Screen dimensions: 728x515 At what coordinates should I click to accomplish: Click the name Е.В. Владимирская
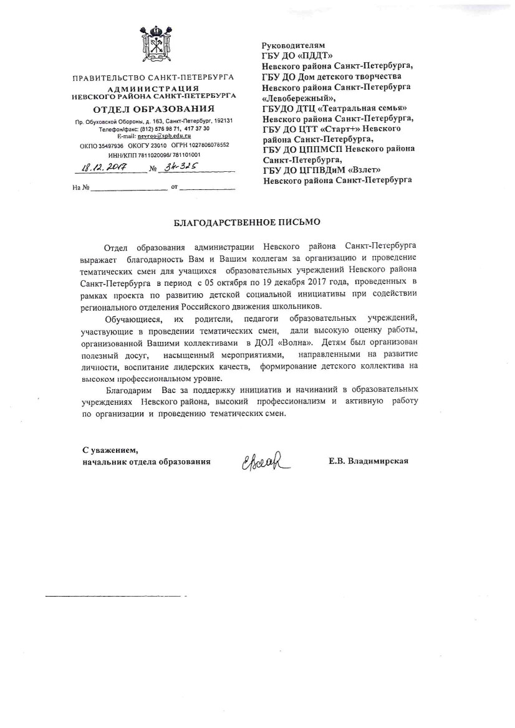coord(368,461)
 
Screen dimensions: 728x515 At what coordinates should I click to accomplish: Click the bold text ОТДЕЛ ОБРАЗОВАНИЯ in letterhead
coord(153,109)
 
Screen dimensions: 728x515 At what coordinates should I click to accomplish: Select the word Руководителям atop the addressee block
coord(293,45)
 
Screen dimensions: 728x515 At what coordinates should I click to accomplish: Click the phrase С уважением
coord(109,450)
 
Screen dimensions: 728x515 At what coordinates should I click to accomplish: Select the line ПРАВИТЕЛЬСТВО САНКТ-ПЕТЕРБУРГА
coord(153,78)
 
